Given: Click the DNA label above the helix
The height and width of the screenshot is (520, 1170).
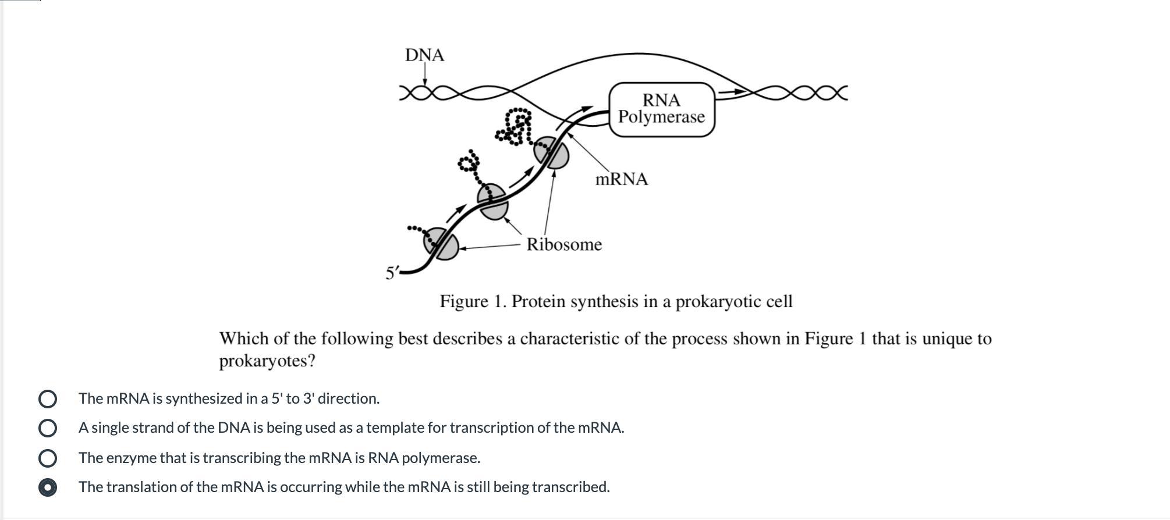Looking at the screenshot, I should [424, 55].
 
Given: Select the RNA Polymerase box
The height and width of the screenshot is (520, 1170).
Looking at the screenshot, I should [661, 109].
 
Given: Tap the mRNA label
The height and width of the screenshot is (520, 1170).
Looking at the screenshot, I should [621, 179].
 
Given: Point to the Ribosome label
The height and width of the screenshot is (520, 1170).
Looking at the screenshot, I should [564, 244].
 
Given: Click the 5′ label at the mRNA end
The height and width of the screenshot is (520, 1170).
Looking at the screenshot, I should [392, 273].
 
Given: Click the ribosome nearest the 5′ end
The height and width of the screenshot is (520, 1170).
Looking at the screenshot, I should [441, 243].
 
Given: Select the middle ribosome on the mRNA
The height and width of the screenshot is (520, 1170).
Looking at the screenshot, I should [492, 201].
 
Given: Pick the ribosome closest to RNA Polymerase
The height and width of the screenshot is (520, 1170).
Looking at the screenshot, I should [551, 152].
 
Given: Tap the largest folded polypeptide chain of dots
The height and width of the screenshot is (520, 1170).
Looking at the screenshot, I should [516, 127].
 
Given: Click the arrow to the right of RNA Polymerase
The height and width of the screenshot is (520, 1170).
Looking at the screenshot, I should [731, 91].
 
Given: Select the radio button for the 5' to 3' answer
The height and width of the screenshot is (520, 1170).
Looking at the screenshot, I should [48, 398].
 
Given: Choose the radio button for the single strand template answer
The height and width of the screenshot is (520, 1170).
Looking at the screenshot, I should [48, 428].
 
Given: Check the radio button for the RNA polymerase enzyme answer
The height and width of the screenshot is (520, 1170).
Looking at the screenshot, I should [48, 458].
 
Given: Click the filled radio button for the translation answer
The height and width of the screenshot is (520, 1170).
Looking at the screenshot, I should [48, 487].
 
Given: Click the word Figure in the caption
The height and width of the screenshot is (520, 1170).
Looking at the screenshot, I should [463, 301].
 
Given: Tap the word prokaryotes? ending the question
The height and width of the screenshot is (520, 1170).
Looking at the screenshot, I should [267, 361].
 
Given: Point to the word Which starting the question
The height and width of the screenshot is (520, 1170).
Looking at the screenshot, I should [244, 339].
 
